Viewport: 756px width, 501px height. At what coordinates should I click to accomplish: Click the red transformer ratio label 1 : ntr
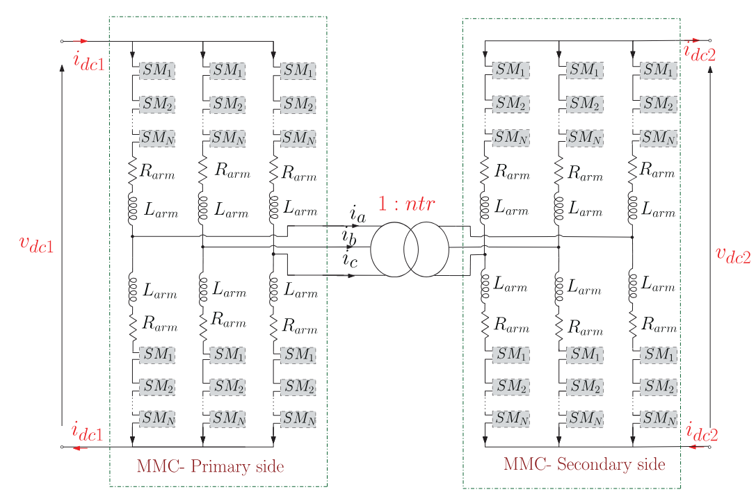point(406,204)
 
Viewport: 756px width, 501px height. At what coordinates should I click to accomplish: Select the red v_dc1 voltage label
point(37,244)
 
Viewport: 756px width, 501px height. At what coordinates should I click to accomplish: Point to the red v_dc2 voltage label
point(733,254)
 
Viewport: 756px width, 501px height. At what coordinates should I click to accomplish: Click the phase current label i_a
point(357,214)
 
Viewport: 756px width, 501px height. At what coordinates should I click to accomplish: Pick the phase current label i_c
point(350,259)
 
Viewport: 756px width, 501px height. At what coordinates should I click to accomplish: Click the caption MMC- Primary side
point(210,466)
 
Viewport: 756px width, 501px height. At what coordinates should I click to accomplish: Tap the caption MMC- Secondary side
point(584,464)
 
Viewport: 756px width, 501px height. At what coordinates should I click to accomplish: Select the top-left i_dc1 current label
point(89,62)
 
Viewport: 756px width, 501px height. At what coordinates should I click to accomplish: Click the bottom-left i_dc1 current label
point(87,432)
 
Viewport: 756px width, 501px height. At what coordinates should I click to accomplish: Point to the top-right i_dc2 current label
point(700,52)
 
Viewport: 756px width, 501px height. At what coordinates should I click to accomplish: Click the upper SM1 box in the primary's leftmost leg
point(157,71)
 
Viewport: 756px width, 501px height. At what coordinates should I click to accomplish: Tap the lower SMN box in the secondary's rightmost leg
point(659,418)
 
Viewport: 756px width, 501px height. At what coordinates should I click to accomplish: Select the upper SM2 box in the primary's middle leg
point(227,104)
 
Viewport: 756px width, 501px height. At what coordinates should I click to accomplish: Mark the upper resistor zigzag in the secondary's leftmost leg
point(485,170)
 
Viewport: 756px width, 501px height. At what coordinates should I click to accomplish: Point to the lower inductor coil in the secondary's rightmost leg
point(633,286)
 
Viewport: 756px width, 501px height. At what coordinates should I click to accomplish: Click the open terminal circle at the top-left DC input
point(62,42)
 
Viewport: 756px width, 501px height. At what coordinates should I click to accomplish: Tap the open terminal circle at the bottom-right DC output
point(709,447)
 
